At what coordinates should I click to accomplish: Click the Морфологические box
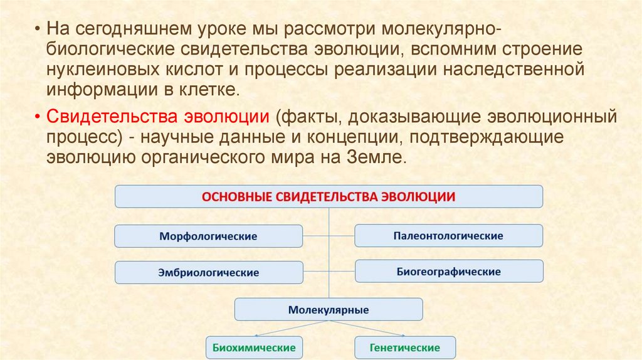tap(208, 236)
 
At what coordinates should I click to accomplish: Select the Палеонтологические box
tap(448, 236)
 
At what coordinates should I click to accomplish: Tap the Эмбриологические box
tap(208, 273)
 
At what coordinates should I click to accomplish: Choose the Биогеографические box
tap(448, 272)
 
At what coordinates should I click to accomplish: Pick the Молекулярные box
tap(329, 310)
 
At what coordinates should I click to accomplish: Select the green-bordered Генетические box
tap(405, 347)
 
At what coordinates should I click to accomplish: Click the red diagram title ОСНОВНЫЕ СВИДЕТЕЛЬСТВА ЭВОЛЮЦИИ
tap(329, 196)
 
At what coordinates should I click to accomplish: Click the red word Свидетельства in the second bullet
tap(110, 117)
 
